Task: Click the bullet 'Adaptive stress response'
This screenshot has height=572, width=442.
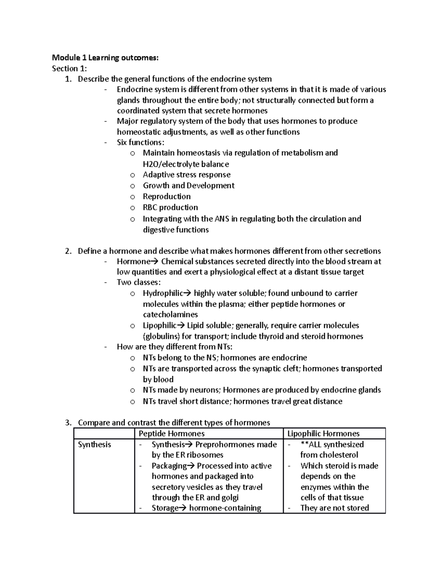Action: [186, 175]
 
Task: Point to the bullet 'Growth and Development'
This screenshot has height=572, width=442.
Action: [189, 185]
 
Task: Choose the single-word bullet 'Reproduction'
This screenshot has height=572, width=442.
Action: [166, 196]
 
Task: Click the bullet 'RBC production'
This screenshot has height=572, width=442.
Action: [170, 207]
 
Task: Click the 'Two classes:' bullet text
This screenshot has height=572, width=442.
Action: [138, 283]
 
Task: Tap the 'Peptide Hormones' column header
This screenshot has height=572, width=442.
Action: [171, 434]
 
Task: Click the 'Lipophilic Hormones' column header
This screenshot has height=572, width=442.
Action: [323, 434]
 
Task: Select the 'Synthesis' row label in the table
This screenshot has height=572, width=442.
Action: [94, 445]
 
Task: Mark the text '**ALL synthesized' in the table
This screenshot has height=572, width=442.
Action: [332, 445]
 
